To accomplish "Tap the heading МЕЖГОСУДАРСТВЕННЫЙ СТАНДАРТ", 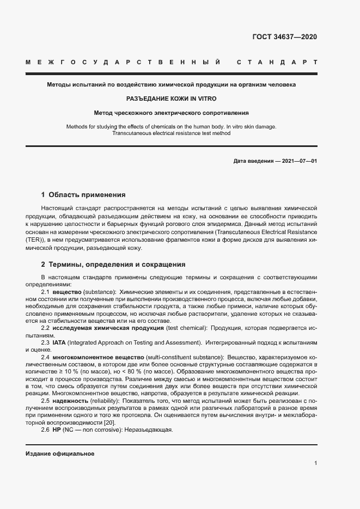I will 171,63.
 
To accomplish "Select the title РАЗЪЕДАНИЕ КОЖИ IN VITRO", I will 171,99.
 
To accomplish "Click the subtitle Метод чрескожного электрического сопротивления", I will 171,113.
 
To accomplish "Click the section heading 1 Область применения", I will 83,194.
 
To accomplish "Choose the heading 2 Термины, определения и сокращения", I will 113,264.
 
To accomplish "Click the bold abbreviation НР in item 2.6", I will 56,430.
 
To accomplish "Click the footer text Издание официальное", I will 60,453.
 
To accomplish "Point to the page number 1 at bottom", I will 315,463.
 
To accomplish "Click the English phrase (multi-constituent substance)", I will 178,356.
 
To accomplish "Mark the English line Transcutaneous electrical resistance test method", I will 171,133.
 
